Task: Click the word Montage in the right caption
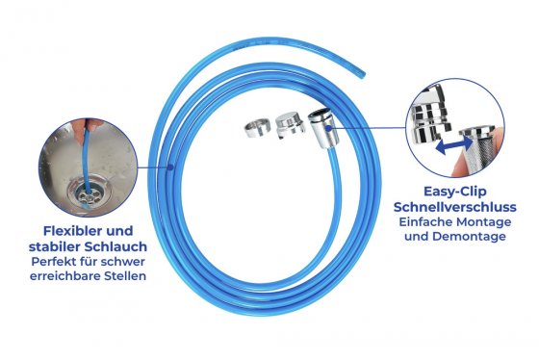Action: (486, 221)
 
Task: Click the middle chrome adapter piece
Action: (289, 123)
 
